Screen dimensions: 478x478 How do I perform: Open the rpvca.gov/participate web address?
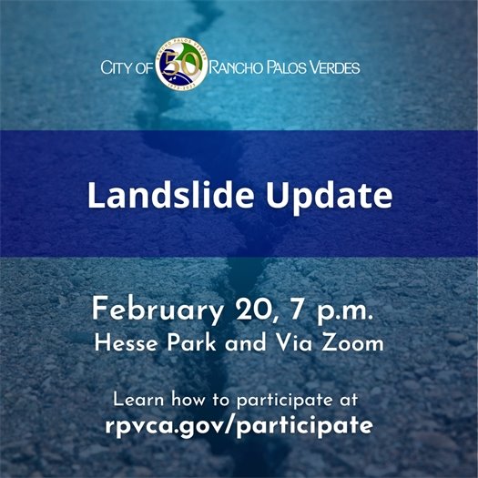239,424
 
